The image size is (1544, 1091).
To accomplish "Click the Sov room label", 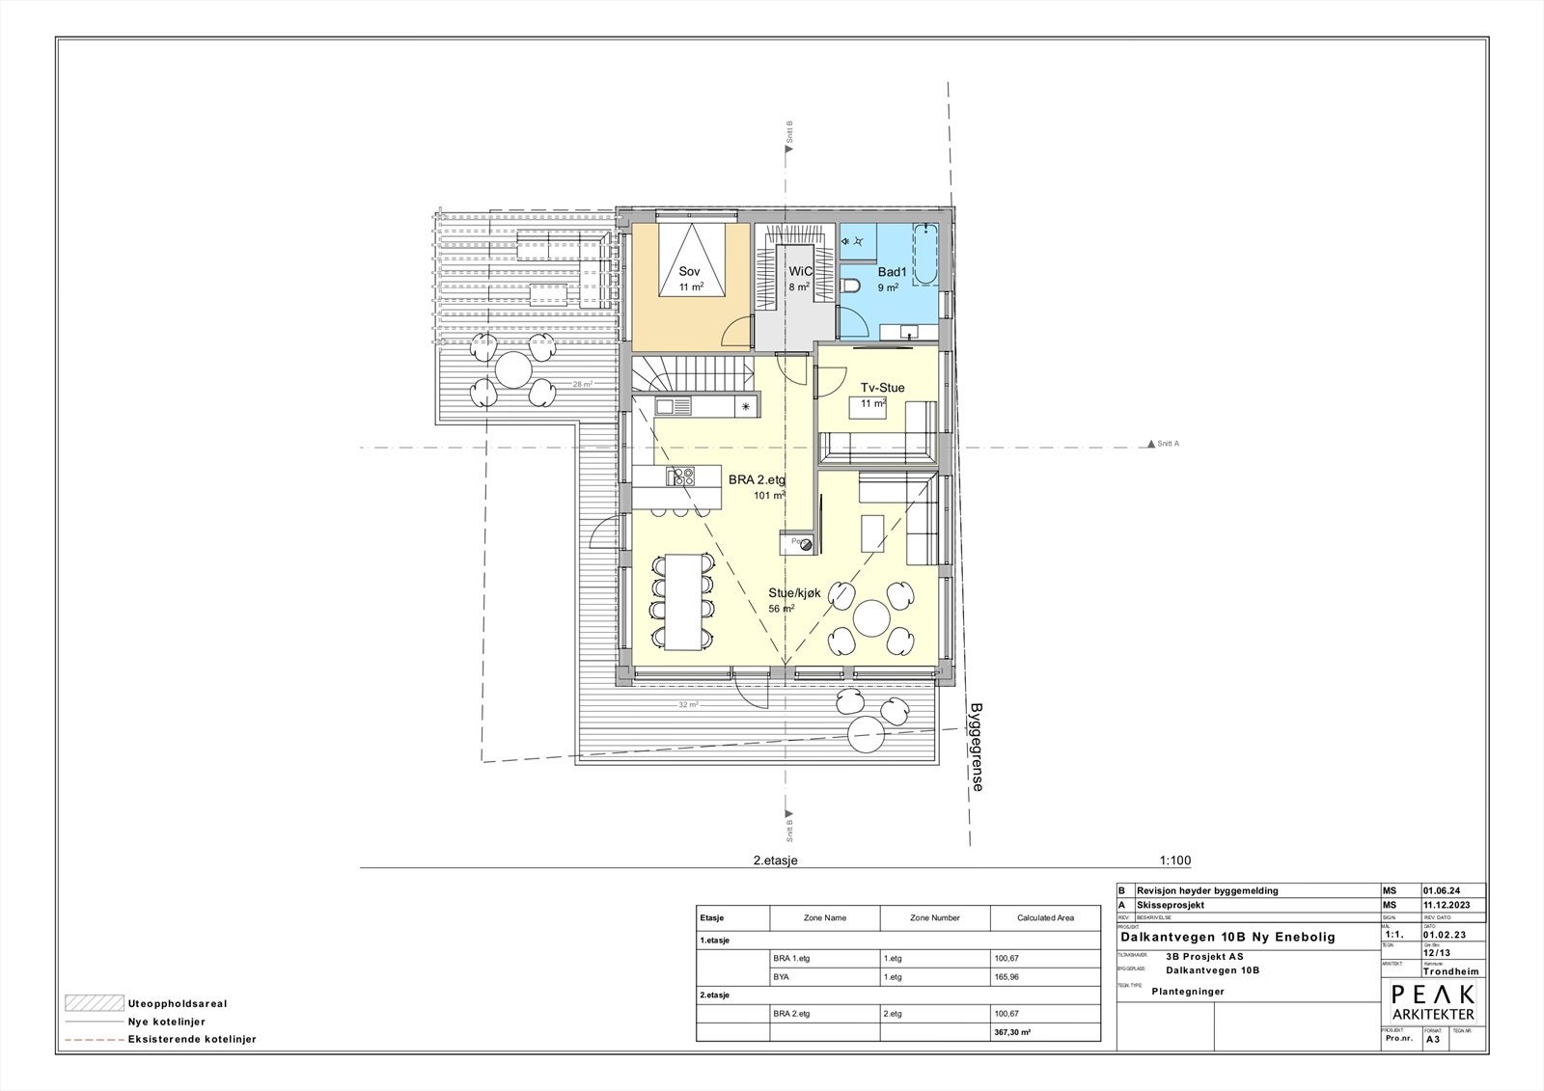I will pyautogui.click(x=689, y=273).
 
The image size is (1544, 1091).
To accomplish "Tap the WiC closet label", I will pyautogui.click(x=800, y=272).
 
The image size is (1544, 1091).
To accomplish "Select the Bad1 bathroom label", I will pyautogui.click(x=891, y=273).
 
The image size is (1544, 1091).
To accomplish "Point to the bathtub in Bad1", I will pyautogui.click(x=924, y=255).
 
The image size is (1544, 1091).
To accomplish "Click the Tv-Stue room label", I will pyautogui.click(x=882, y=388).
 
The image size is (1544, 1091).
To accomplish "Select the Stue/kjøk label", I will pyautogui.click(x=794, y=593).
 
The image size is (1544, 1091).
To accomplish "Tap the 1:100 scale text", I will pyautogui.click(x=1174, y=861).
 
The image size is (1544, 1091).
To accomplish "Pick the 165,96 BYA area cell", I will pyautogui.click(x=1006, y=977).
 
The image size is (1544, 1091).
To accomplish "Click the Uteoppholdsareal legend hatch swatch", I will pyautogui.click(x=95, y=1002).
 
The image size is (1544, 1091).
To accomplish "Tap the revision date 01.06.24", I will pyautogui.click(x=1441, y=890).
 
